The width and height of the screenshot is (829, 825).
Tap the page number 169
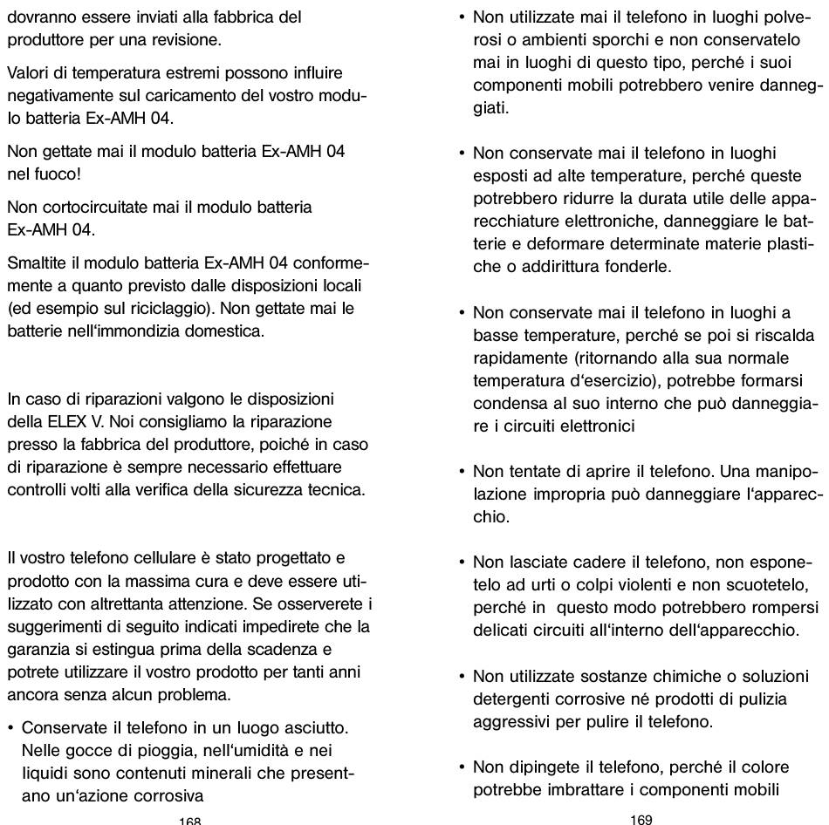pyautogui.click(x=641, y=819)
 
